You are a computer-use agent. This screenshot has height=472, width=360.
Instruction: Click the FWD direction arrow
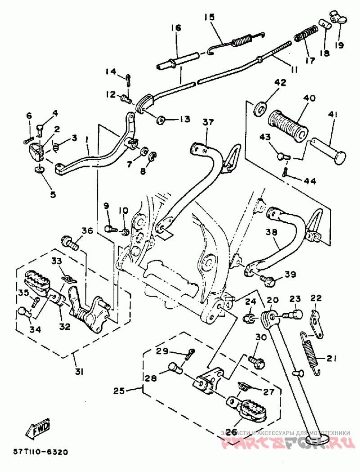coord(40,429)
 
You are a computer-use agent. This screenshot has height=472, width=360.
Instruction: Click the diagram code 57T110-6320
coord(40,452)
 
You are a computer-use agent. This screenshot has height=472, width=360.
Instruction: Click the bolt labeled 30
coord(254,360)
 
